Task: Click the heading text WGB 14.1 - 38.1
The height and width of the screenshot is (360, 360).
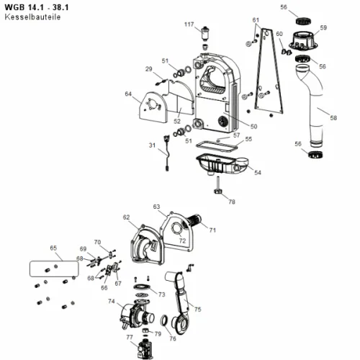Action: (37, 7)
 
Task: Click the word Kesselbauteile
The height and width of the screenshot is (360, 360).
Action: (32, 17)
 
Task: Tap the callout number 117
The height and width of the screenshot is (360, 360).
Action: (189, 24)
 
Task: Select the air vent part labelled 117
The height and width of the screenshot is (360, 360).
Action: (205, 34)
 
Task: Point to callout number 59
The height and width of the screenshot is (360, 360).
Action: (323, 28)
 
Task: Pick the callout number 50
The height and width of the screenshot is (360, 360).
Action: (253, 126)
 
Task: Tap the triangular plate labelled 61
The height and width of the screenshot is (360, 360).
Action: (269, 72)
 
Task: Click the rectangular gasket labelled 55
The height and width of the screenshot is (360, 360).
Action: (217, 146)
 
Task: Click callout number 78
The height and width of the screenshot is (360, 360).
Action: (232, 202)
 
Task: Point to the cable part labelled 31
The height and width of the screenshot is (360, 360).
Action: (166, 153)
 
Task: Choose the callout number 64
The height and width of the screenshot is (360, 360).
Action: (128, 94)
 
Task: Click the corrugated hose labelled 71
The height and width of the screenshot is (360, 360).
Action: (194, 220)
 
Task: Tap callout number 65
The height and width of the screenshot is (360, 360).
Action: (53, 248)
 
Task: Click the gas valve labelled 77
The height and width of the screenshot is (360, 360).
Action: (145, 348)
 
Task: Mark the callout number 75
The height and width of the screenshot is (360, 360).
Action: (197, 309)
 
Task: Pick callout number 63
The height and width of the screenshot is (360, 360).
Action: (156, 207)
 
